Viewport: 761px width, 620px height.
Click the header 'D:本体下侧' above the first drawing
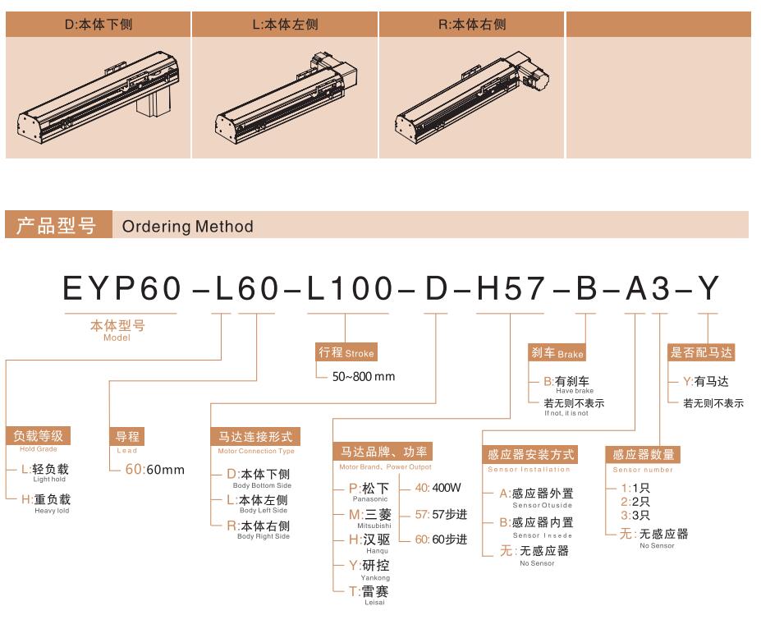click(99, 24)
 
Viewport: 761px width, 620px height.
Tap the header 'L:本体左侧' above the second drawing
click(285, 24)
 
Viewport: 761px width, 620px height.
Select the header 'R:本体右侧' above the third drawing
click(472, 24)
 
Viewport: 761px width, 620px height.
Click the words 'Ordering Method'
click(187, 227)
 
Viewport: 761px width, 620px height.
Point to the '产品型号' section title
click(57, 225)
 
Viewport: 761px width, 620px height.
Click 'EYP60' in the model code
click(121, 288)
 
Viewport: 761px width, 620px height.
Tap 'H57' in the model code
click(511, 288)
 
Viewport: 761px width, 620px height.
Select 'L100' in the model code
click(350, 288)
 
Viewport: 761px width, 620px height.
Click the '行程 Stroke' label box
click(346, 352)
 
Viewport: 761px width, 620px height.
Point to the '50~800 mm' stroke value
click(364, 376)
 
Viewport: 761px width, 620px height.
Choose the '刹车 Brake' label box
click(557, 352)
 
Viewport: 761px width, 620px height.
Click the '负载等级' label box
click(39, 435)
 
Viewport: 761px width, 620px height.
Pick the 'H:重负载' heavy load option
click(46, 499)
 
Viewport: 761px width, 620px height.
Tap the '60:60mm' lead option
click(155, 470)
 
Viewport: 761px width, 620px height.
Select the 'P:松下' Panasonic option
click(369, 488)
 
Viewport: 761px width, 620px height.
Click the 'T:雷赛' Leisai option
click(369, 591)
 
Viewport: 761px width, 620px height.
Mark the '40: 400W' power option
click(438, 488)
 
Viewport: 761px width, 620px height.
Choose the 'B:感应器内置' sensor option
click(536, 522)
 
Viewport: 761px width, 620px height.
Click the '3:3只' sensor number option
click(635, 515)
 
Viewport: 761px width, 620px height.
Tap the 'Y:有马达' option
click(706, 382)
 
